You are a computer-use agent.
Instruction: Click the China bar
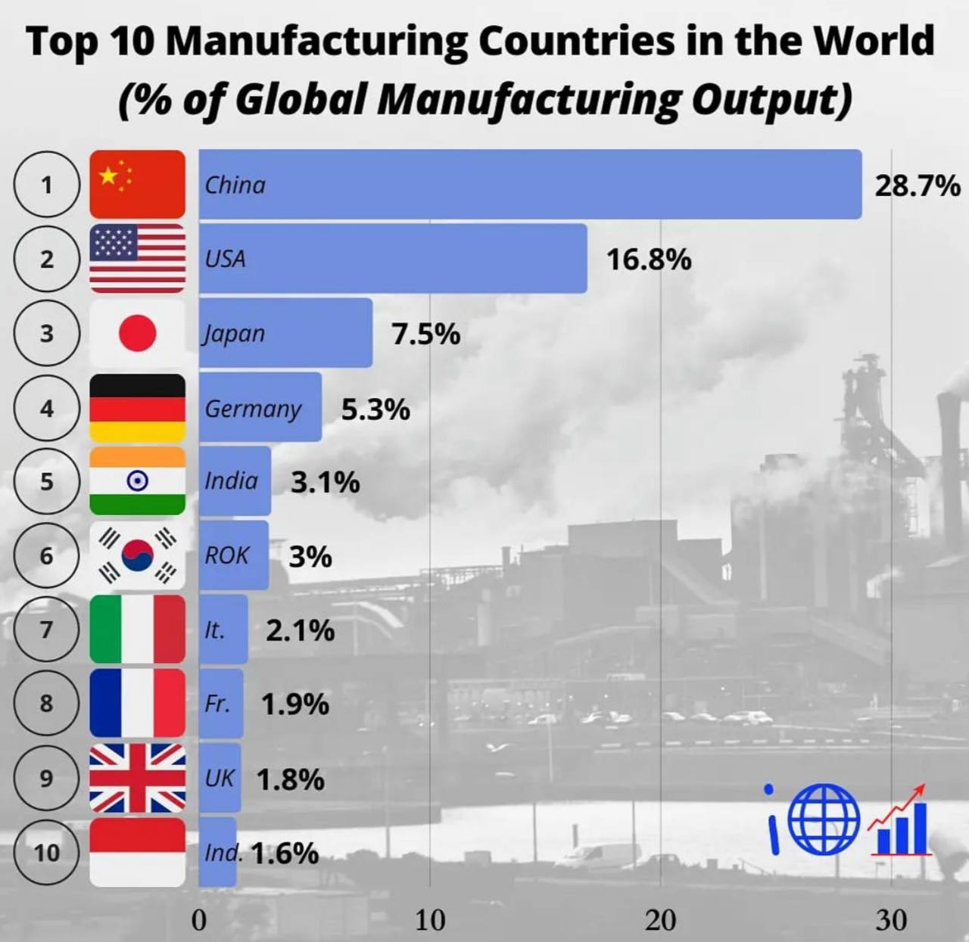[530, 185]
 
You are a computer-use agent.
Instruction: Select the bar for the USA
[393, 258]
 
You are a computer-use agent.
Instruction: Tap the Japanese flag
[137, 333]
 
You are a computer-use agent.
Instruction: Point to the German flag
[137, 408]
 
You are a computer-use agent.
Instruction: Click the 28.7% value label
[917, 185]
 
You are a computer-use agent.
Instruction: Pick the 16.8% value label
[649, 260]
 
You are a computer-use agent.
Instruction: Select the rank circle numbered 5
[46, 481]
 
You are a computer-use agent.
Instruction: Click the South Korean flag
[137, 555]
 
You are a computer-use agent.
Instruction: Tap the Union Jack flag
[137, 778]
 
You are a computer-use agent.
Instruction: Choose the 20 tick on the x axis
[660, 920]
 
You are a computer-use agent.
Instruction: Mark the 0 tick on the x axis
[199, 920]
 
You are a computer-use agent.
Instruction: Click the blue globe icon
[824, 819]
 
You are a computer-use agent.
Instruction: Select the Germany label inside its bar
[253, 409]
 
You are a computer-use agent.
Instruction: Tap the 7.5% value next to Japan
[425, 334]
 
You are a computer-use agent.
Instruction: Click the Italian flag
[137, 629]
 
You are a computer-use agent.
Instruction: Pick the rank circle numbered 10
[46, 852]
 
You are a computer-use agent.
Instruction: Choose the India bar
[235, 481]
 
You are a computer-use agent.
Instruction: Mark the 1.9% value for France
[295, 704]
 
